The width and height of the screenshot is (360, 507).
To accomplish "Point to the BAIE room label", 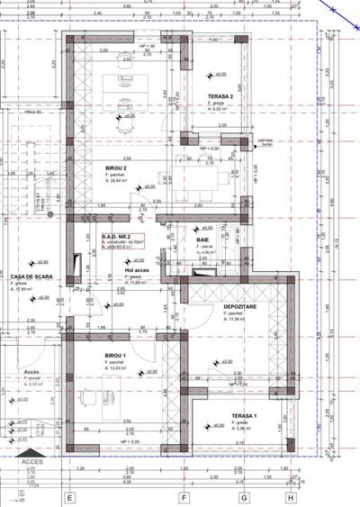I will (x=202, y=240).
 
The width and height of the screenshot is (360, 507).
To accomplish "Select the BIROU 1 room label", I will (x=114, y=356).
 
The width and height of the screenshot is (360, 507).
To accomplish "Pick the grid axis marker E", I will (x=69, y=496).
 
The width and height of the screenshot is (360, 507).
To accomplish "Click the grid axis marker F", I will (x=183, y=496).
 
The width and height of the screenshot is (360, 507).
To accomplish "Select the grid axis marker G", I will (x=243, y=496).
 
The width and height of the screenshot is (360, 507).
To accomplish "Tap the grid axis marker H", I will (x=290, y=496).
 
